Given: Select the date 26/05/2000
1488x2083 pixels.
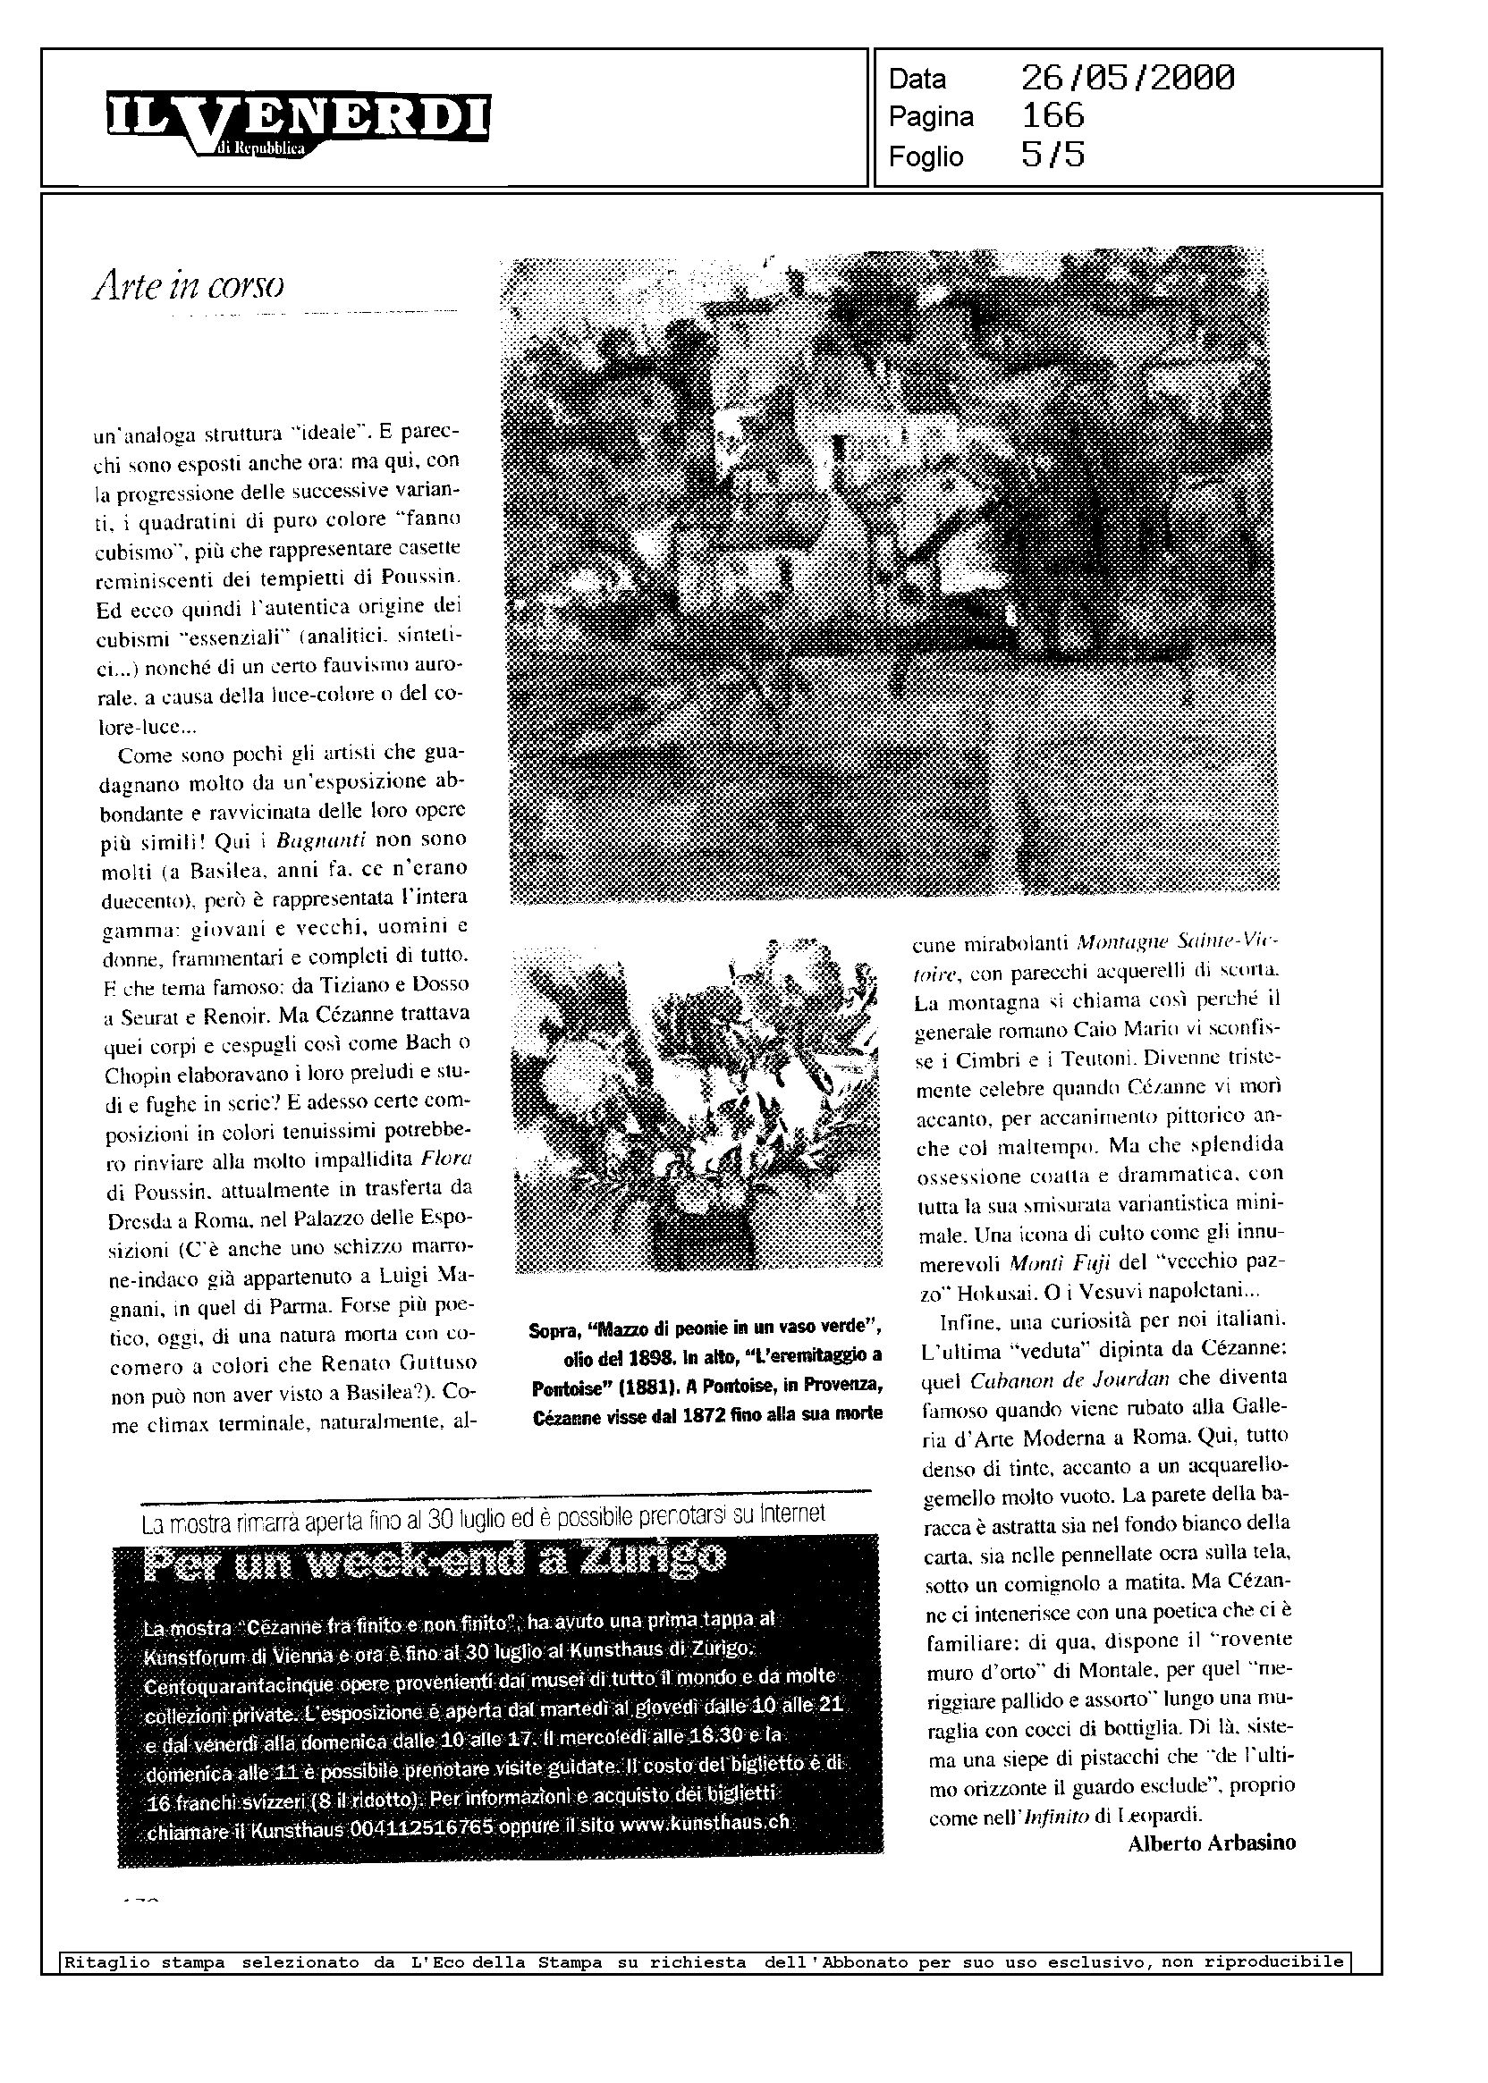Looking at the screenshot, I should click(1127, 79).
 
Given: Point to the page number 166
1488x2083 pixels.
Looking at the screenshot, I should click(1053, 116).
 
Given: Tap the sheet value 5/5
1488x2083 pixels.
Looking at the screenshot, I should click(1053, 155).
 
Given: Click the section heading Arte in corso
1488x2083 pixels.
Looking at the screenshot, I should click(188, 287).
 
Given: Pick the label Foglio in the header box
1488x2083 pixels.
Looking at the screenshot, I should click(926, 156).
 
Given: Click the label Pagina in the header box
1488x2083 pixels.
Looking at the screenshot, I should click(931, 117).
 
